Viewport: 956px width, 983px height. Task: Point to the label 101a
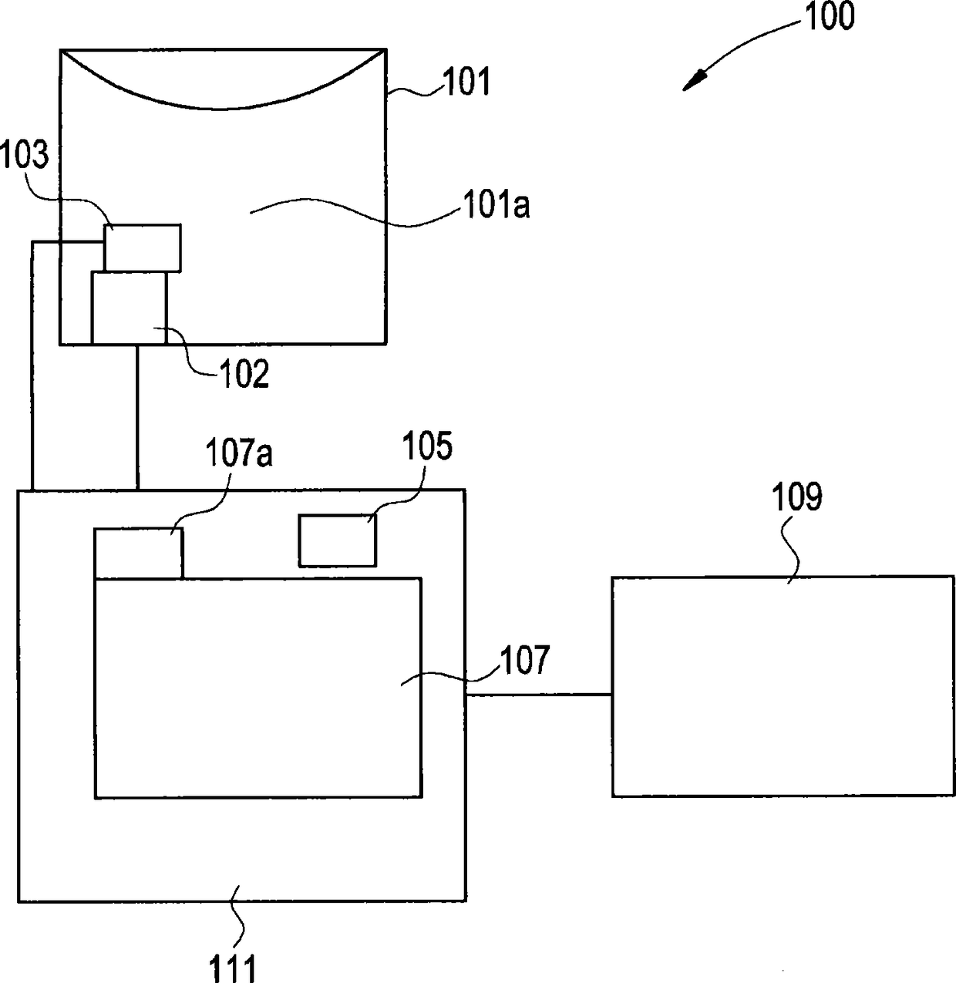(x=495, y=206)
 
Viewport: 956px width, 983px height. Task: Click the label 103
(x=24, y=156)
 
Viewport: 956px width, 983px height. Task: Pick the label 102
(x=244, y=375)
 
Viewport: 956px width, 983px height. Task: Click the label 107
(x=524, y=661)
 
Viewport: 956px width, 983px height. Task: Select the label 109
(x=798, y=497)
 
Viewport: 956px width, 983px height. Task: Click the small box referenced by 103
(x=143, y=247)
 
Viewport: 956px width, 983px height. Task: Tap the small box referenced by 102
(x=129, y=308)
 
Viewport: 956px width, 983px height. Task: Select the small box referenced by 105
(x=337, y=540)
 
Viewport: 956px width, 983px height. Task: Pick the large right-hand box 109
(x=783, y=686)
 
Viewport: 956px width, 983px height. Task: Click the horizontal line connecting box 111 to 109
(x=539, y=695)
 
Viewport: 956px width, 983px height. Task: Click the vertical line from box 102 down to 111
(x=137, y=416)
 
